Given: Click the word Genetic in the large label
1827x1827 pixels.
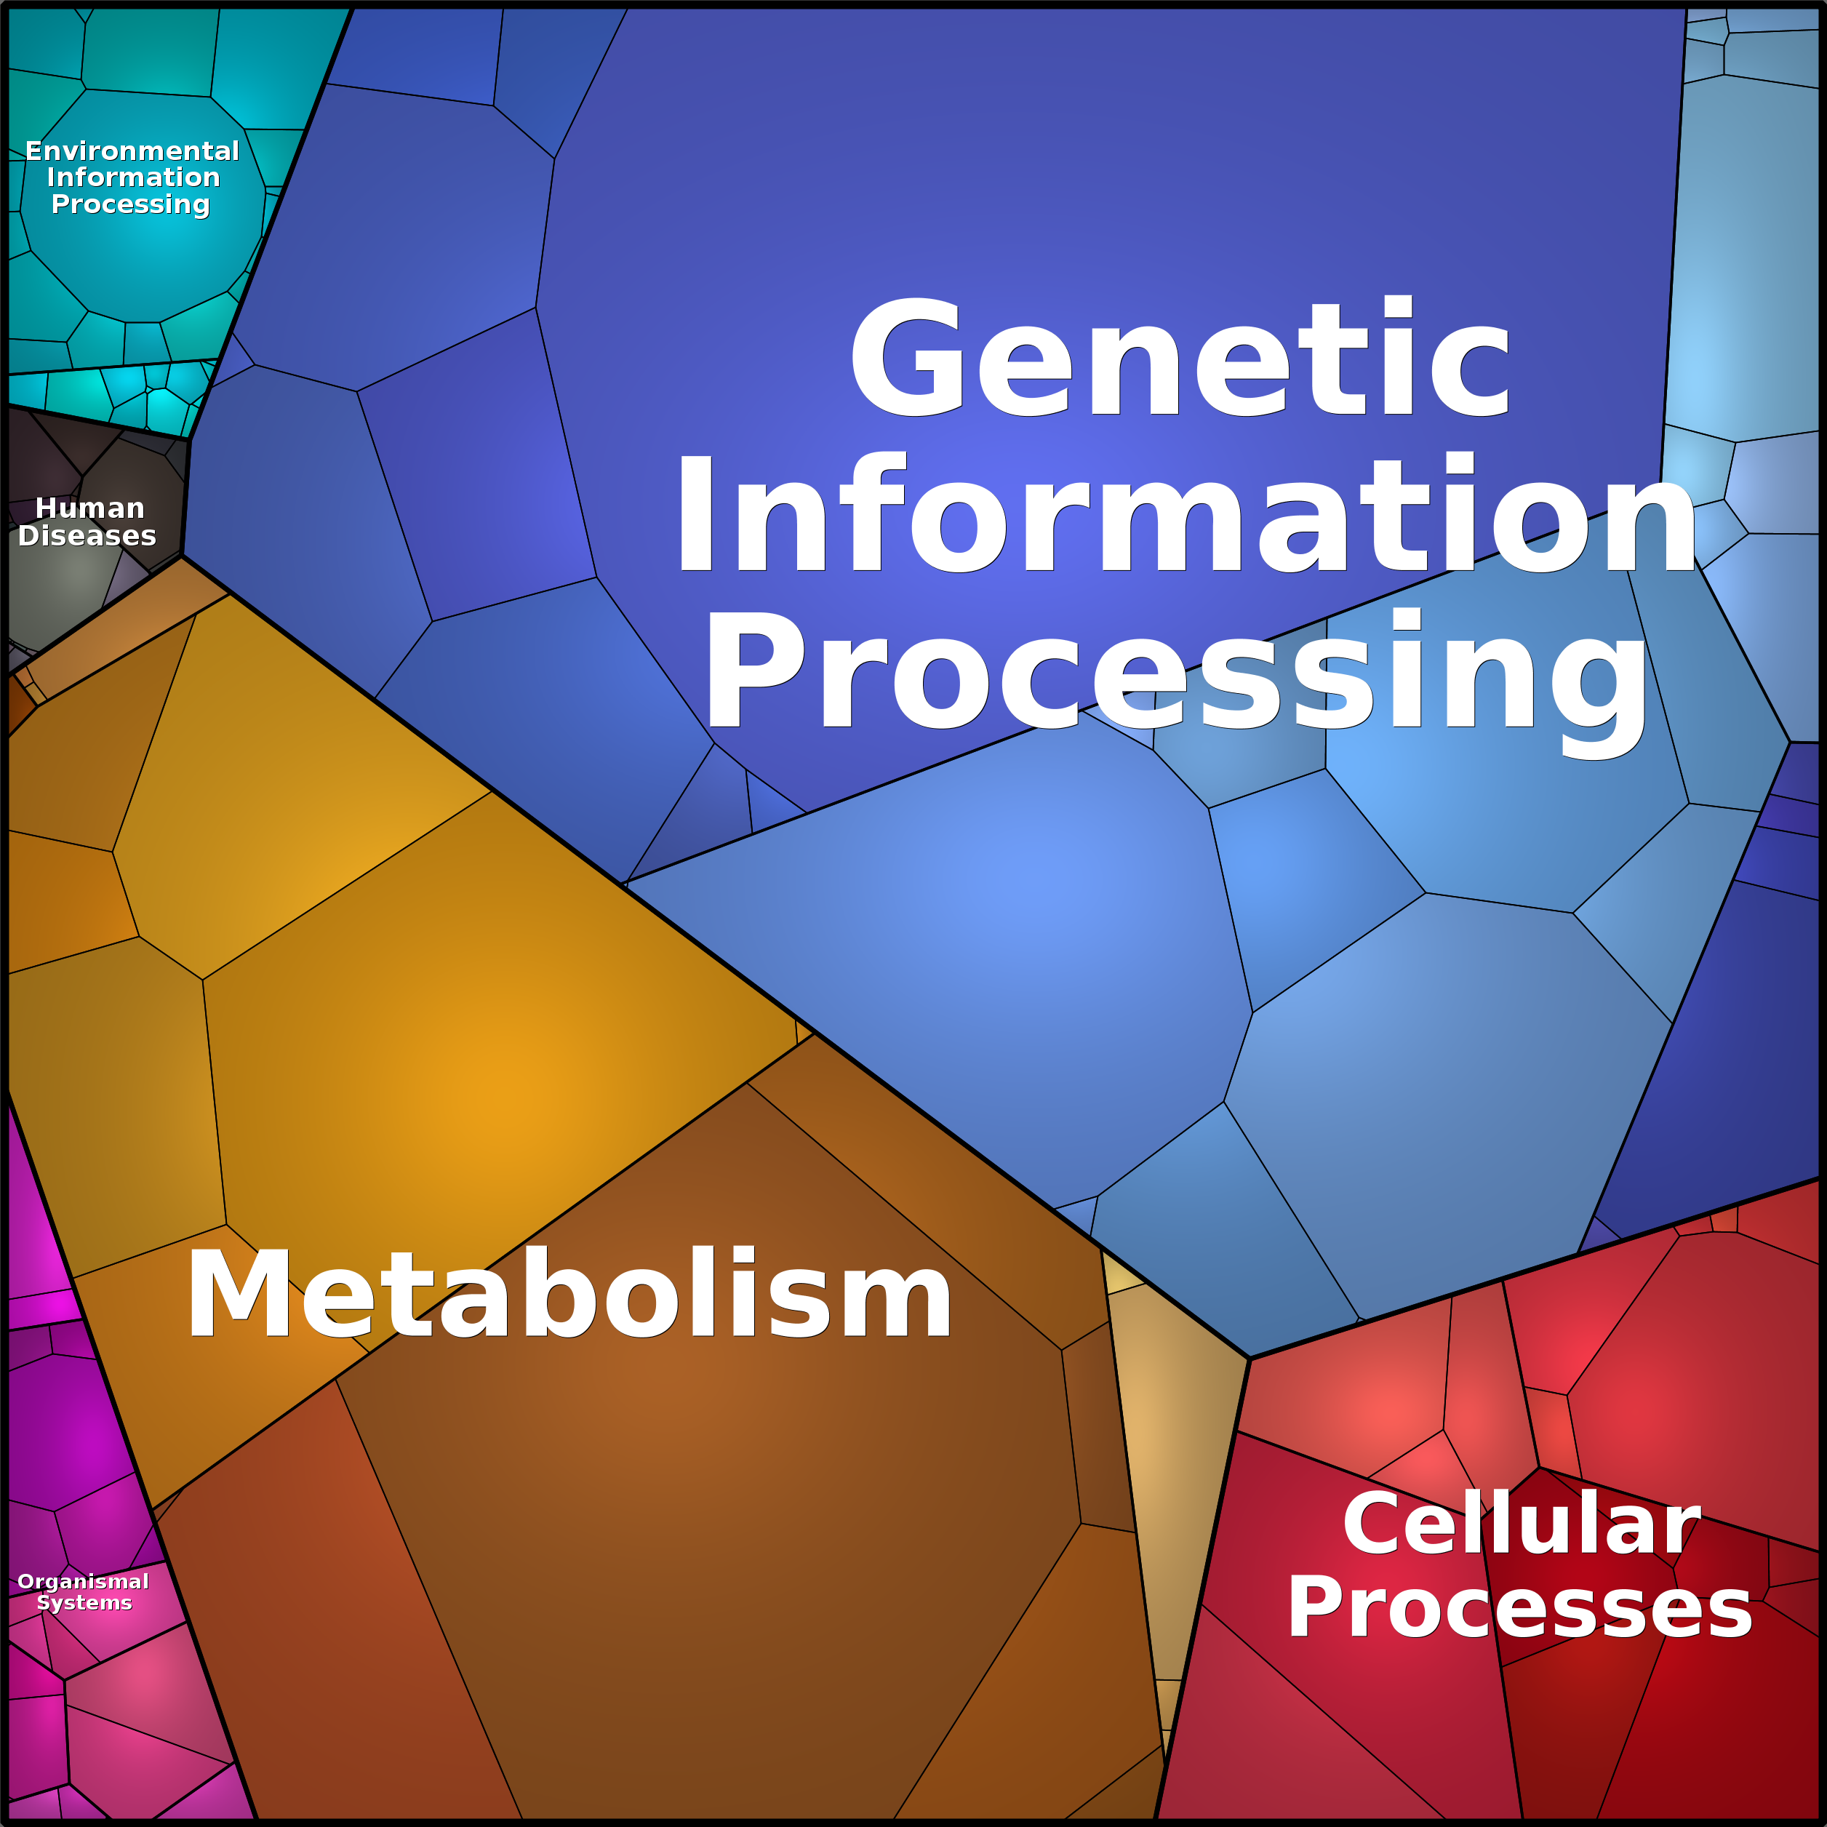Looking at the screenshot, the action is click(x=1180, y=356).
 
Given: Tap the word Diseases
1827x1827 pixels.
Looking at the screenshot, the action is click(x=87, y=535).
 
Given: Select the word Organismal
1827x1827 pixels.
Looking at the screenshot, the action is click(x=83, y=1582).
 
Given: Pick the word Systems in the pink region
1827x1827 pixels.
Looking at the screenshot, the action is click(x=84, y=1603).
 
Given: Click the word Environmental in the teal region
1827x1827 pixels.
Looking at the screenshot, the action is click(x=132, y=151).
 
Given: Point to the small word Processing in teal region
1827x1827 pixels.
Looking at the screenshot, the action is click(x=130, y=204).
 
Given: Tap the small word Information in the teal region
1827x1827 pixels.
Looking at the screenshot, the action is click(x=133, y=177).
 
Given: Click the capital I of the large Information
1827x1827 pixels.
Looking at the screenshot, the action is click(x=695, y=513).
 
